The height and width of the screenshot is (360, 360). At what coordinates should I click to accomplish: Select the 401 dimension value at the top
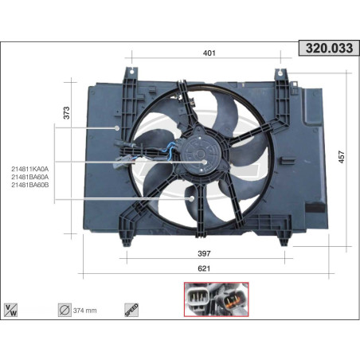tap(209, 53)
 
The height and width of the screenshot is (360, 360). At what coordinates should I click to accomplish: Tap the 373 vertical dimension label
tap(66, 114)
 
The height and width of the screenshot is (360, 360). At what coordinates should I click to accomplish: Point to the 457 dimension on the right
tap(342, 157)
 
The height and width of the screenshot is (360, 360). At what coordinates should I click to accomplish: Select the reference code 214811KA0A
tap(30, 168)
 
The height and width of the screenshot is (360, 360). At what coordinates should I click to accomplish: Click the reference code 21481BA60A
tap(30, 176)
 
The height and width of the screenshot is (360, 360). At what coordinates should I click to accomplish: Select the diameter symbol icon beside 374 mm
tap(65, 308)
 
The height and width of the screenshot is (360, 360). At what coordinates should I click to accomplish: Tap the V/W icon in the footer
tap(12, 308)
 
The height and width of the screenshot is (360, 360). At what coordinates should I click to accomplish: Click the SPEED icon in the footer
tap(131, 308)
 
